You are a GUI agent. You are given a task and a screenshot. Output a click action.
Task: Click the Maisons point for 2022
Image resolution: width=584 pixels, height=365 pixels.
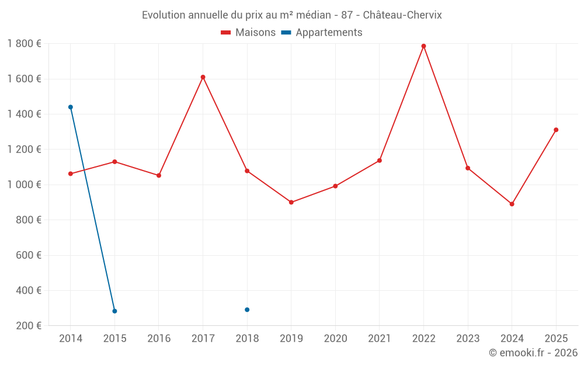(x=423, y=46)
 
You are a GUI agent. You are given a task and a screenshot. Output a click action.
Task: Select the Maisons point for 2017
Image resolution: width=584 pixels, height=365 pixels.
(x=203, y=77)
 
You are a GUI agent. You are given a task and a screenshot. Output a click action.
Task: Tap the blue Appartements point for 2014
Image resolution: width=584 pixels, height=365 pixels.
(x=71, y=107)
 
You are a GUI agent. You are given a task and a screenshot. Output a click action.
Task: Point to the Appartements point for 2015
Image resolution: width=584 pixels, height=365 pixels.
(x=114, y=311)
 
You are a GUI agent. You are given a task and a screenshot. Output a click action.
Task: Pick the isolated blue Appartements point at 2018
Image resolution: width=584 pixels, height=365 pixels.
(x=247, y=310)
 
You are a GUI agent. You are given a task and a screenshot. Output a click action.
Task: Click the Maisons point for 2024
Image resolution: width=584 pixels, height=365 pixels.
(x=512, y=204)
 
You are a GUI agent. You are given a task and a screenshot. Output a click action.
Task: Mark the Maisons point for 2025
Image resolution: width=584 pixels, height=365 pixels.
(x=556, y=130)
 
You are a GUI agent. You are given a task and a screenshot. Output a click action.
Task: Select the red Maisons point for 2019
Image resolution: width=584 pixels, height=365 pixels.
(x=291, y=202)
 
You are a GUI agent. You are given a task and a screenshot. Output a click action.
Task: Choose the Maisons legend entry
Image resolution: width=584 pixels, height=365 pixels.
(x=248, y=33)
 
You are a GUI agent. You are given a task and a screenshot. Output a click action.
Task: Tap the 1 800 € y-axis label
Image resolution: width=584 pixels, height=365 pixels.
(x=24, y=44)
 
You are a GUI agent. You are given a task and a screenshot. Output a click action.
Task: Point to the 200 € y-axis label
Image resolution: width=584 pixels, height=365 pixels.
(x=28, y=326)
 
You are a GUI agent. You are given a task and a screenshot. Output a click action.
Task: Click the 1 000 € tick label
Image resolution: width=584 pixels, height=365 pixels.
(x=24, y=185)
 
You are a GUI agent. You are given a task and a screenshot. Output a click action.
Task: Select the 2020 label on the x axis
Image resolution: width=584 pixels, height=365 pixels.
(x=335, y=339)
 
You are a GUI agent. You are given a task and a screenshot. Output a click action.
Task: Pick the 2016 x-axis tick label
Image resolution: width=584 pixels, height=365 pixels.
(x=159, y=339)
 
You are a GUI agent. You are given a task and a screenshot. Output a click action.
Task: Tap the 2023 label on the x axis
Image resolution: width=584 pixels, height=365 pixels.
(x=468, y=339)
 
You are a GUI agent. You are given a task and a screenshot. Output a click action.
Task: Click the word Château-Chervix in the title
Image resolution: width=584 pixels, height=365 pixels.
(x=402, y=15)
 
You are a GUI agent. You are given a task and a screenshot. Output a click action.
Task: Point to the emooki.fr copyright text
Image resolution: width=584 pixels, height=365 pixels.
(x=533, y=353)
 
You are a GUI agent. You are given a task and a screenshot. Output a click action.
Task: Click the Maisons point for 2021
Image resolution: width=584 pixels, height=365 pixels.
(x=380, y=160)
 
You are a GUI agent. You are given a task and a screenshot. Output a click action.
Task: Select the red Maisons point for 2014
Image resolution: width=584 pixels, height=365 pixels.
(x=71, y=173)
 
